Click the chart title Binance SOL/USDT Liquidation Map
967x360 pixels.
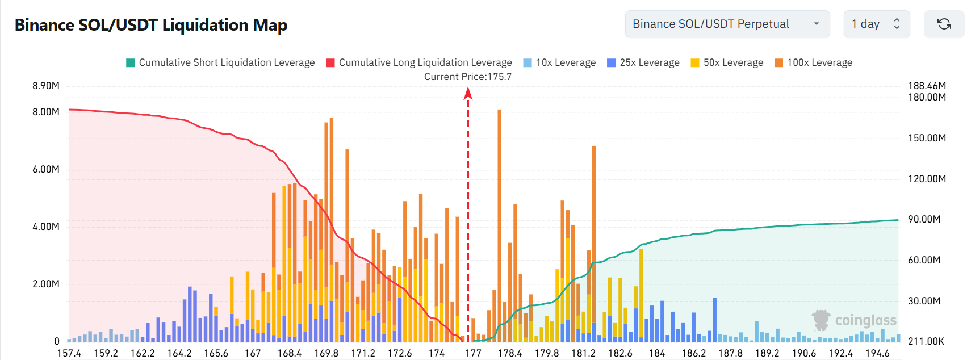point(151,25)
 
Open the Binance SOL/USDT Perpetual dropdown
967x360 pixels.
point(727,24)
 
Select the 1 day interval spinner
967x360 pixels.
point(876,24)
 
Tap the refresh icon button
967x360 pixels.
point(944,24)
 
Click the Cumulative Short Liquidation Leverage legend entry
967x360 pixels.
point(220,62)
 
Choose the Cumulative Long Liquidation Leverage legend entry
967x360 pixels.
point(419,62)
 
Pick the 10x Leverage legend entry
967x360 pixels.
point(559,62)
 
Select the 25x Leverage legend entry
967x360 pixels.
point(643,62)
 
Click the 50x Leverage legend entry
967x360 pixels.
point(727,62)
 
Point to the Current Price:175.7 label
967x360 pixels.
point(468,77)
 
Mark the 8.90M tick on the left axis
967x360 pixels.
point(46,86)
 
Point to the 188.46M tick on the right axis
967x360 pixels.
point(927,86)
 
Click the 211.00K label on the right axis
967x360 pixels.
point(926,341)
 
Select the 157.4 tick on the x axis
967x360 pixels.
point(69,353)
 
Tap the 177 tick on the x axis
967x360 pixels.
point(473,353)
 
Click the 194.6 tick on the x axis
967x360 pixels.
point(877,353)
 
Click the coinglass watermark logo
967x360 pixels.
point(854,320)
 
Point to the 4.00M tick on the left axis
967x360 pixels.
point(46,227)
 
